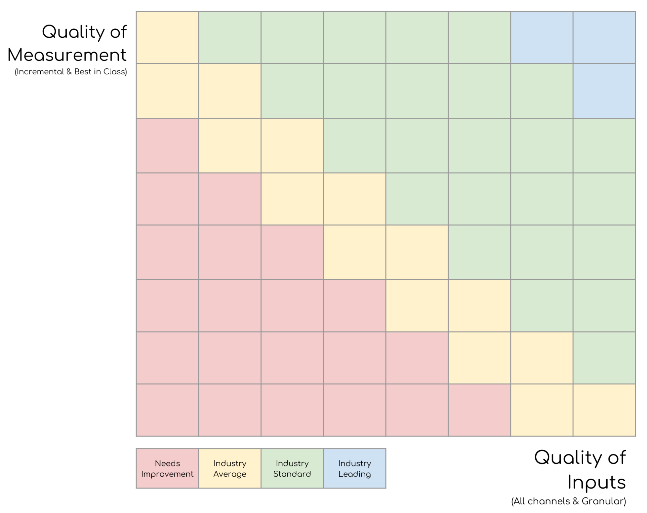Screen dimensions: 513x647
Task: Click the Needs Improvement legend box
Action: click(167, 468)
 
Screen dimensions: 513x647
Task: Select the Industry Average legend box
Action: click(230, 468)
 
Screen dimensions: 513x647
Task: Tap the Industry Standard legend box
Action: click(292, 468)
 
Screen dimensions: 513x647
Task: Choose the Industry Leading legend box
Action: click(355, 468)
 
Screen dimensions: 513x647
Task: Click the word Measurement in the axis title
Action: click(67, 55)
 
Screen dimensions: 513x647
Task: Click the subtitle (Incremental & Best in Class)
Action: click(71, 72)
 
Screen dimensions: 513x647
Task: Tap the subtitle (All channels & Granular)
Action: click(568, 501)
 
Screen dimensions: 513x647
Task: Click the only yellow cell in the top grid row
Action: click(167, 37)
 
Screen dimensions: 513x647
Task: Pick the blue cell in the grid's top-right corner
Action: click(604, 37)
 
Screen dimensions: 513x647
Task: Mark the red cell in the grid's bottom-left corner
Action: click(167, 410)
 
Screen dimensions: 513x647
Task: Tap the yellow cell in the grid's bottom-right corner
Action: click(604, 410)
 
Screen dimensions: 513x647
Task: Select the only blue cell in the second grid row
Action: click(604, 91)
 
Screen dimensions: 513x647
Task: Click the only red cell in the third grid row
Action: click(167, 145)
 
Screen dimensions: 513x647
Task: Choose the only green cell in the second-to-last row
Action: click(604, 358)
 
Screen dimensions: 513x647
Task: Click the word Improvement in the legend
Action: click(167, 474)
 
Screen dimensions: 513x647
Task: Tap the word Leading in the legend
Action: click(355, 474)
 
